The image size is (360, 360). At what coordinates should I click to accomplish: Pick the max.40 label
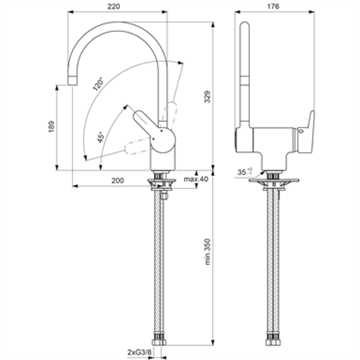pyautogui.click(x=195, y=179)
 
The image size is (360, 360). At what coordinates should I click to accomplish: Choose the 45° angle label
pyautogui.click(x=100, y=138)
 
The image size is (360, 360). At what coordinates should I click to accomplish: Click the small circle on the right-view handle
pyautogui.click(x=302, y=129)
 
